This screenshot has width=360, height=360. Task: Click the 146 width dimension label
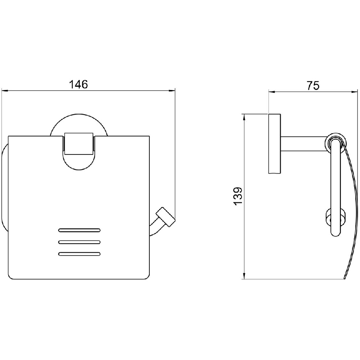pos(78,84)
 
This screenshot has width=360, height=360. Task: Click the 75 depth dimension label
pos(313,86)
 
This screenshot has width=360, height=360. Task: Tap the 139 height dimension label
pos(238,196)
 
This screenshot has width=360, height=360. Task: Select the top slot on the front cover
pos(80,230)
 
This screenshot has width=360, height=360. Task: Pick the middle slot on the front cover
pos(80,242)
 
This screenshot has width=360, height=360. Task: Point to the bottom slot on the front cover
pos(80,254)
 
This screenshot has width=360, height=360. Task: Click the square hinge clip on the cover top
pos(79,144)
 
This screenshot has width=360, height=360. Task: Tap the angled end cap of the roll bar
pos(166,217)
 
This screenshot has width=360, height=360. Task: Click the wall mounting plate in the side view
pos(274,144)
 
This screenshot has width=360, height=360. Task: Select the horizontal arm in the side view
pos(303,144)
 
